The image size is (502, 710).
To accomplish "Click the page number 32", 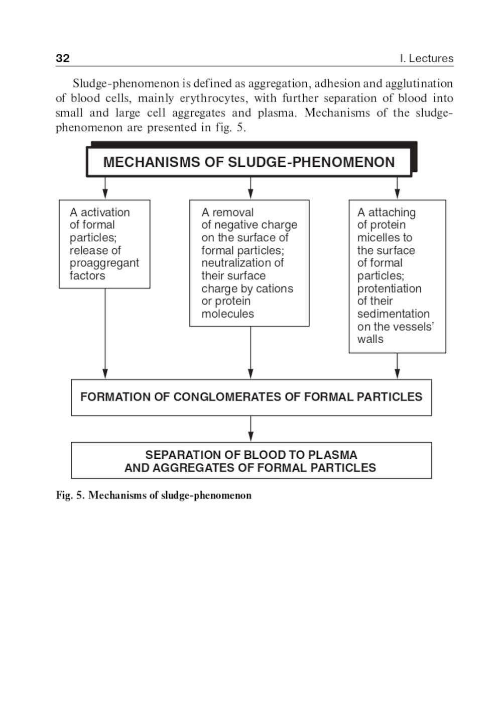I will coord(63,58).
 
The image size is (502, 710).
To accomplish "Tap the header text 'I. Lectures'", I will coord(426,58).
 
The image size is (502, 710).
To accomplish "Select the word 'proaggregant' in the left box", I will coord(104,263).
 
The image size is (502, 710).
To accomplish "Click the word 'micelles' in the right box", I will coord(378,238).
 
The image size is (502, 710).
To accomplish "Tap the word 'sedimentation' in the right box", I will coord(394,314).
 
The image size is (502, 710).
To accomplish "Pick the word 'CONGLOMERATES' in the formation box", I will coord(227,397).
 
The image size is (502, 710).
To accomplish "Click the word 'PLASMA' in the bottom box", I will coord(332,455).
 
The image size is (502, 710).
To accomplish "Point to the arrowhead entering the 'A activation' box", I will coord(105,194).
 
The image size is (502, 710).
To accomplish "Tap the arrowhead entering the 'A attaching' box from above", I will coord(397,194).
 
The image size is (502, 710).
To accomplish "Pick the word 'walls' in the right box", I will coord(370,339).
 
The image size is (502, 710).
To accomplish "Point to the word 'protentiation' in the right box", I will coord(390,288).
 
